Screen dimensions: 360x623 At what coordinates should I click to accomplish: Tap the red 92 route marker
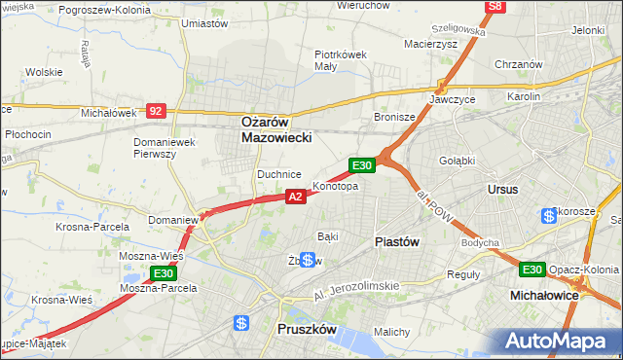coord(156,111)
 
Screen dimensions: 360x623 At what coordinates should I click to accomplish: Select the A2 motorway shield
coord(297,197)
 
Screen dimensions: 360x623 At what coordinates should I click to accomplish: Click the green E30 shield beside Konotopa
coord(362,166)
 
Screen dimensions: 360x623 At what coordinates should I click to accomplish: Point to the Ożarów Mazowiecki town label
coord(276,130)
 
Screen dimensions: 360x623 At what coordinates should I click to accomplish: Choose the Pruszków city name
coord(307,330)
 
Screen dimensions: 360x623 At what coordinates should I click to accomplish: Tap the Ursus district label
coord(503,189)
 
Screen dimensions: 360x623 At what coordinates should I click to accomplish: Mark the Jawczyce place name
coord(451,99)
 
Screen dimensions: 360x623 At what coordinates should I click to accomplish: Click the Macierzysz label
coord(429,43)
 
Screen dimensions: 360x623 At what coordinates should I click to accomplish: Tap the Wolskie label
coord(45,72)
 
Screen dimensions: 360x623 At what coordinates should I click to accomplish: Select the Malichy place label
coord(391,332)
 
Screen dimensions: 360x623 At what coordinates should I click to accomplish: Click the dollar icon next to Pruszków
coord(241,323)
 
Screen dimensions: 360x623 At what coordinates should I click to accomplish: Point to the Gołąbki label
coord(456,161)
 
